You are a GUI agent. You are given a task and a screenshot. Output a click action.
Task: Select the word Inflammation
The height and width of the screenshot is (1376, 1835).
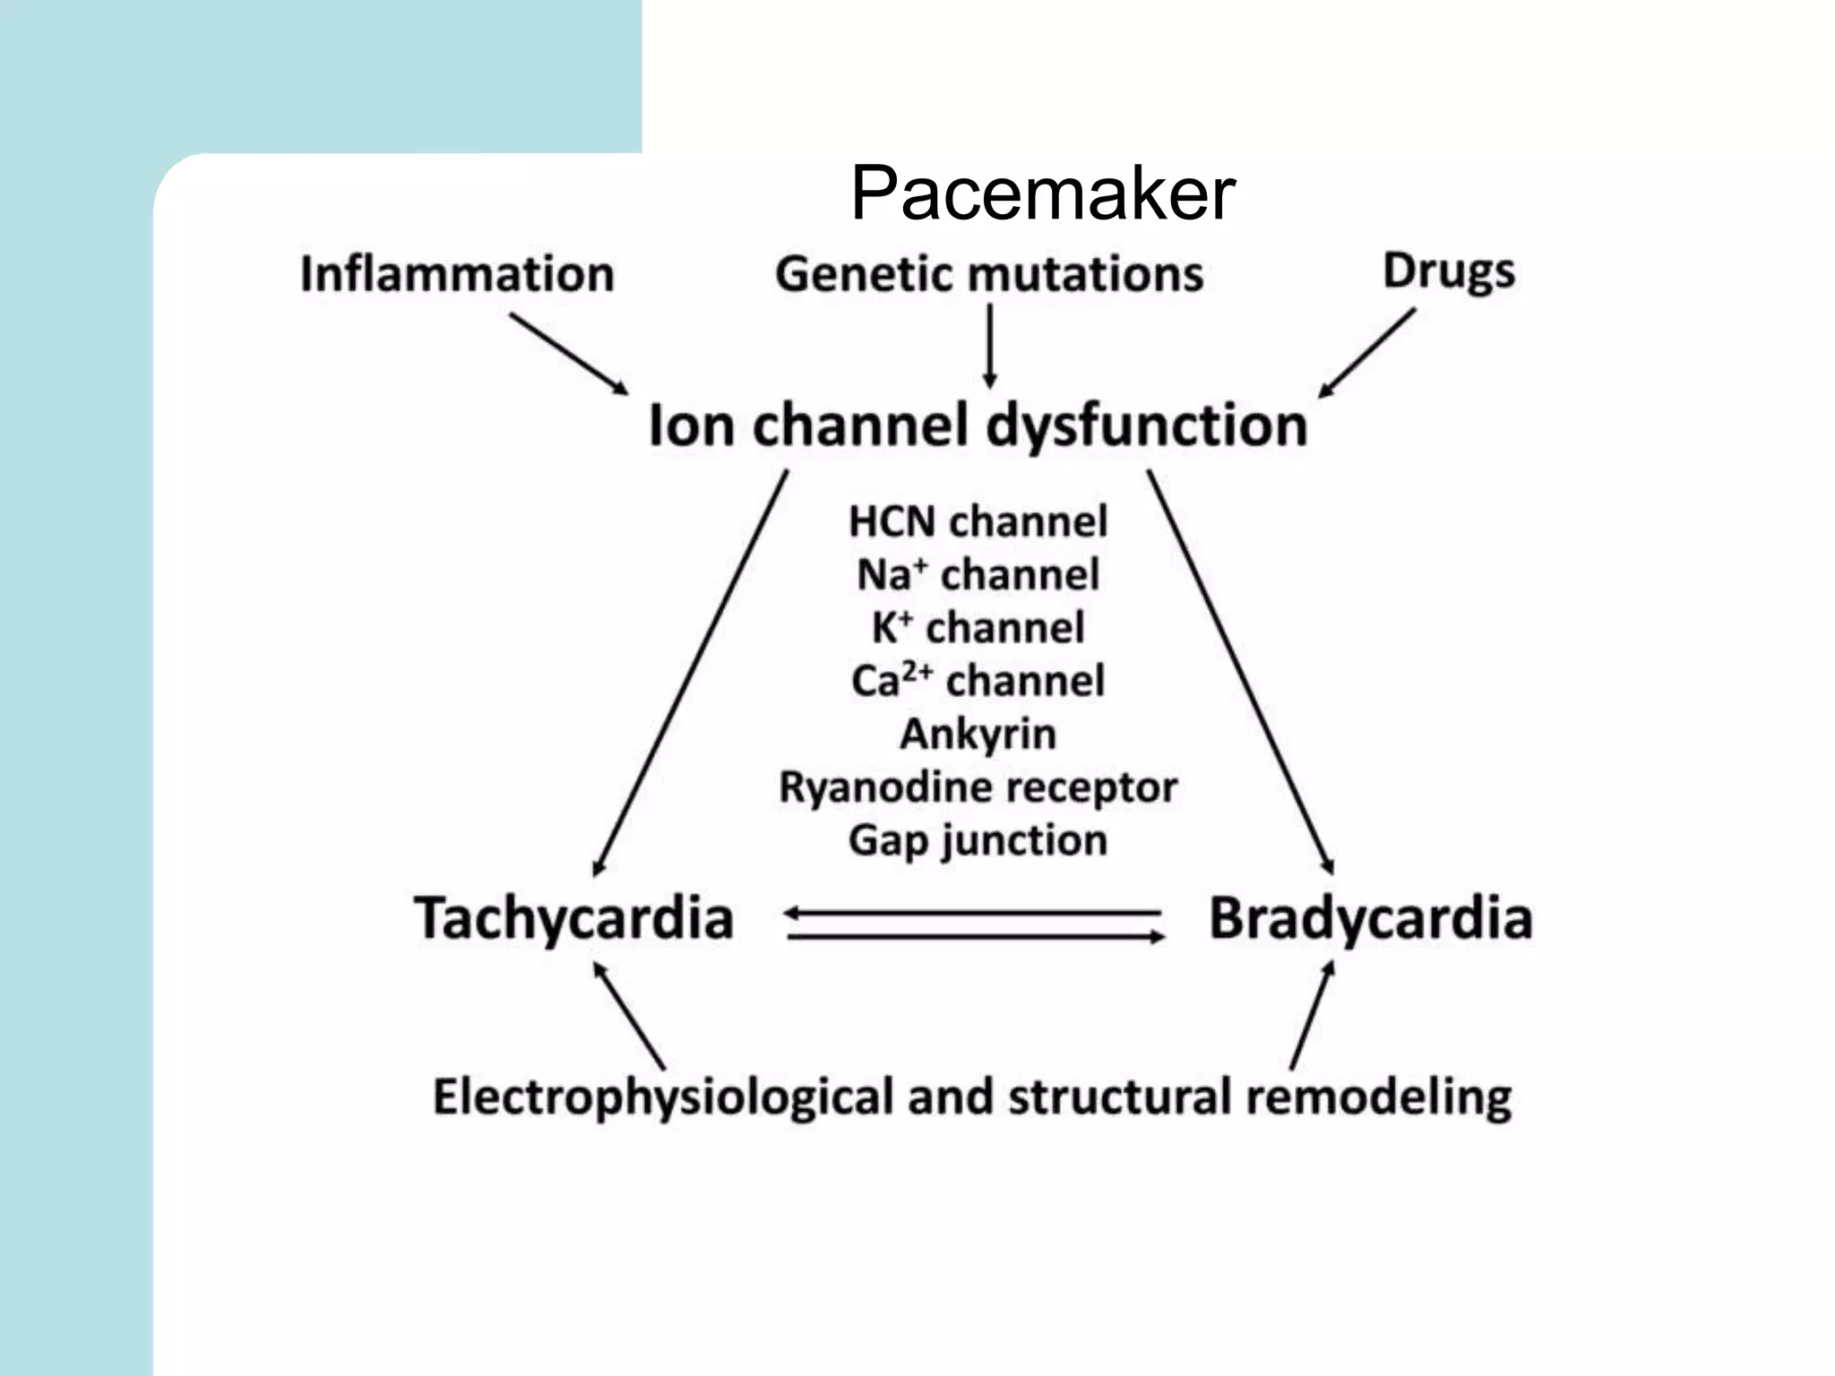[x=457, y=274]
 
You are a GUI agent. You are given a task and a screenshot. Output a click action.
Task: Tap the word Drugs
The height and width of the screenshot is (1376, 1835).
[x=1448, y=271]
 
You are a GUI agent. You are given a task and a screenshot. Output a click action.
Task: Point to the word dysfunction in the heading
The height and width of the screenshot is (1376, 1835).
[x=1146, y=426]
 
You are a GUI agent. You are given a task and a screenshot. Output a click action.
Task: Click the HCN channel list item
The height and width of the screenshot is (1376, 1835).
[x=978, y=521]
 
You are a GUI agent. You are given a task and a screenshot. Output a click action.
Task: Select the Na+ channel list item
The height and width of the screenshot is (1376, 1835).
[x=978, y=574]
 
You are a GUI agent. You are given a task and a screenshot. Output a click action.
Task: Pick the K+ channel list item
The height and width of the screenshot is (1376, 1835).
[x=978, y=627]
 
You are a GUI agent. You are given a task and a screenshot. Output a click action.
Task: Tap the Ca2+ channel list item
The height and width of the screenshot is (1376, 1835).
[x=978, y=681]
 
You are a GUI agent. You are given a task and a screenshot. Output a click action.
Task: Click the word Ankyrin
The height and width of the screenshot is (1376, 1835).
[x=978, y=735]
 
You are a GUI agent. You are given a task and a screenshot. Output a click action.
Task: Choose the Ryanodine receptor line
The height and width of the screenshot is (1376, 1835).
[x=978, y=787]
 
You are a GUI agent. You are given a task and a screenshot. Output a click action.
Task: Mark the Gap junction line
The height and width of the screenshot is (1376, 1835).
[x=978, y=841]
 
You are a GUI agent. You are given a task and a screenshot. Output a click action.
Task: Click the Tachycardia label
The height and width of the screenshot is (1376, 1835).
[x=573, y=919]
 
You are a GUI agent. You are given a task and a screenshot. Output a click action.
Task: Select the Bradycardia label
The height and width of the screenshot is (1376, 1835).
[x=1370, y=919]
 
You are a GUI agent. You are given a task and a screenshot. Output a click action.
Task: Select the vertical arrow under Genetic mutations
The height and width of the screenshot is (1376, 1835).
[x=990, y=346]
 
